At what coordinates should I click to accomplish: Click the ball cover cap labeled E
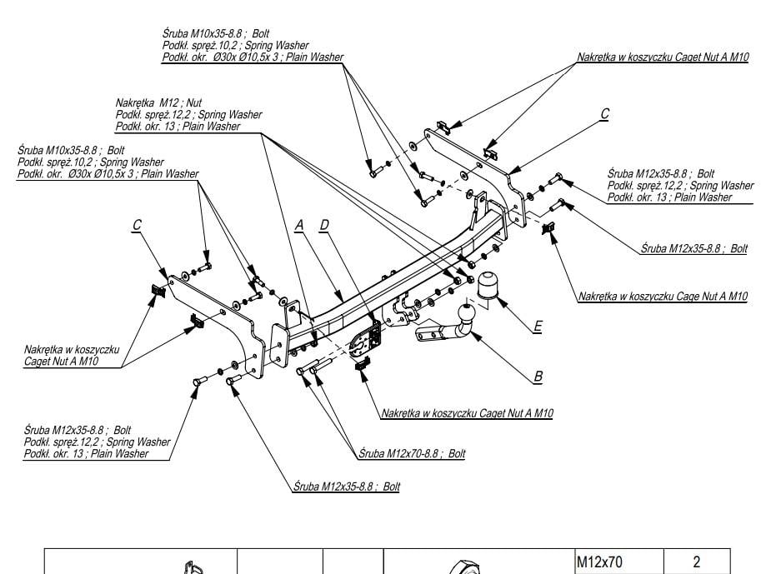tap(488, 285)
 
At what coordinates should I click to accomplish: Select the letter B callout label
tap(538, 377)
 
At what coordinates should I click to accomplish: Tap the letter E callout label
tap(538, 327)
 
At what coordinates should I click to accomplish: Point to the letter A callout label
tap(299, 226)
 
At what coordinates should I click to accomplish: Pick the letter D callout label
tap(324, 225)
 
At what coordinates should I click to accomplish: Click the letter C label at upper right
tap(605, 114)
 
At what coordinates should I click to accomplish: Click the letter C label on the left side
tap(138, 225)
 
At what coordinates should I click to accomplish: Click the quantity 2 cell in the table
tap(697, 562)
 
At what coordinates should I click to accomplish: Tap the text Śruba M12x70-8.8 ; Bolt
tap(412, 453)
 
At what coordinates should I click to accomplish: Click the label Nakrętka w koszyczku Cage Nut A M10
tap(663, 297)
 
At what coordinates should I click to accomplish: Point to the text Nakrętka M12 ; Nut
tap(158, 103)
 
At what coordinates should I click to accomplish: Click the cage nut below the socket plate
tap(362, 363)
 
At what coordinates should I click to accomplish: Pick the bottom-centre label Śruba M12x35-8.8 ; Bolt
tap(347, 487)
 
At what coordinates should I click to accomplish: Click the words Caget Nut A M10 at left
tap(62, 362)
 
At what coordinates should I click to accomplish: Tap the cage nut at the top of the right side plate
tap(444, 127)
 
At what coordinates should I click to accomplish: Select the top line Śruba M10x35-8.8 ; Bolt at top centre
tap(216, 34)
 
